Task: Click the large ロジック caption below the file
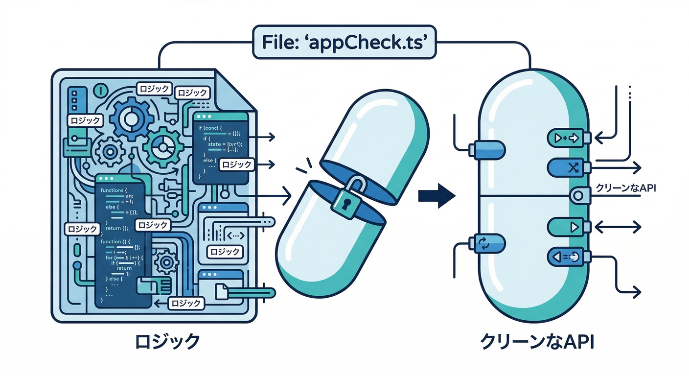pos(168,341)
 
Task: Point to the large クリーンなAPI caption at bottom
pos(537,341)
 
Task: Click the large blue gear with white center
pos(131,118)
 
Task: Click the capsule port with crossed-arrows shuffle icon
pos(568,168)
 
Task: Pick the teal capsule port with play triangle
pos(568,227)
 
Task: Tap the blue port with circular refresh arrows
pos(485,243)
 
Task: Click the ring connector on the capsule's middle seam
pos(577,195)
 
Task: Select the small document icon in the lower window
pos(222,291)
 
